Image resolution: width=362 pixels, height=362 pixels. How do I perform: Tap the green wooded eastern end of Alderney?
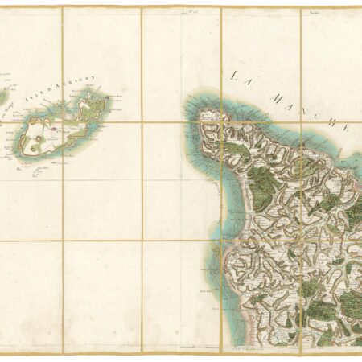click(93, 109)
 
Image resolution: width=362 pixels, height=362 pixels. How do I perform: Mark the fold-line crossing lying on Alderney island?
click(63, 123)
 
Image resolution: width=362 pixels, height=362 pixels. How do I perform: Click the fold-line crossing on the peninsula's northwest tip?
click(220, 122)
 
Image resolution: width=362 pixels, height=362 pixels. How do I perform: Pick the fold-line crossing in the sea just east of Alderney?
click(142, 123)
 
